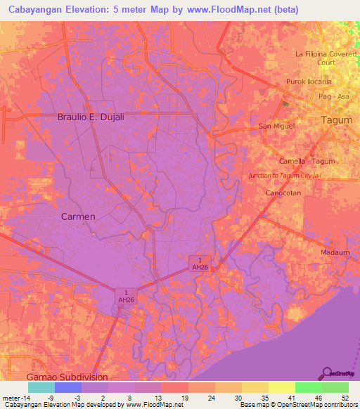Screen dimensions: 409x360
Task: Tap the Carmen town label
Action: pyautogui.click(x=77, y=216)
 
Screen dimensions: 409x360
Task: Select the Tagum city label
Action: pyautogui.click(x=336, y=120)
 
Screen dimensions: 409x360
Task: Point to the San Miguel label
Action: pyautogui.click(x=276, y=126)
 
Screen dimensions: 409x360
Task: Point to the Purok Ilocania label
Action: pyautogui.click(x=308, y=82)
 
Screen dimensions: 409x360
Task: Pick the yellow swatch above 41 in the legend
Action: pyautogui.click(x=281, y=387)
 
